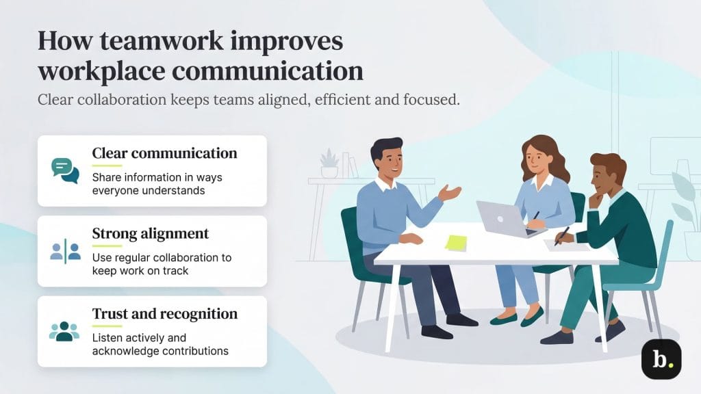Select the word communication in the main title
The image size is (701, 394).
pos(267,70)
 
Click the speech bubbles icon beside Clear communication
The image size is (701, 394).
pos(65,170)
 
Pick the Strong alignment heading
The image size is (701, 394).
pos(151,233)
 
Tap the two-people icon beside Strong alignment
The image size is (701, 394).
pos(65,251)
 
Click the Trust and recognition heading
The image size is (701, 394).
pos(165,314)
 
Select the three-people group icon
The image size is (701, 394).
pos(65,331)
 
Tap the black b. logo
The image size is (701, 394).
pos(661,359)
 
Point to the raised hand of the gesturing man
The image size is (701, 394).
pos(450,192)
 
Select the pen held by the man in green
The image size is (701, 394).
pos(563,235)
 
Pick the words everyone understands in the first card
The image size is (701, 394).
pos(149,191)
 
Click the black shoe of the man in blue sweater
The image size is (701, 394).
pos(437,332)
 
